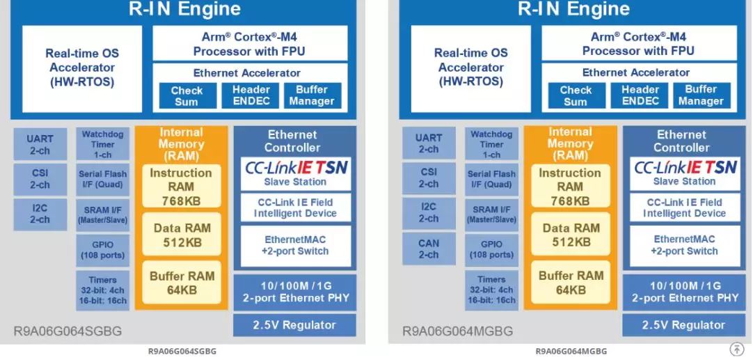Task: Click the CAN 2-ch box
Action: tap(429, 249)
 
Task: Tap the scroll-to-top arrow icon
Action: tap(736, 349)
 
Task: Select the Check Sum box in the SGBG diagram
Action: tap(187, 95)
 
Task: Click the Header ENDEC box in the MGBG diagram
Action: tap(640, 95)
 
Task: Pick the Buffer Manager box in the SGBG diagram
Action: tap(312, 95)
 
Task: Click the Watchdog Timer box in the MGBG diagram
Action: tap(491, 144)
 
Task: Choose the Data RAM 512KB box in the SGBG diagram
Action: tap(182, 235)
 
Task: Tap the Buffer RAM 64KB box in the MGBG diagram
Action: tap(571, 282)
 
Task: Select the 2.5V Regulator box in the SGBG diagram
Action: tap(294, 325)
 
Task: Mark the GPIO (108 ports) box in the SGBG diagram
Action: tap(102, 250)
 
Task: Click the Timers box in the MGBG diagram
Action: tap(491, 290)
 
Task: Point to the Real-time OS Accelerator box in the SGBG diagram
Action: tap(82, 68)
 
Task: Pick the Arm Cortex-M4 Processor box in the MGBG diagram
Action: tap(639, 43)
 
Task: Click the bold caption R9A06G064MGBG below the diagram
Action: tap(571, 352)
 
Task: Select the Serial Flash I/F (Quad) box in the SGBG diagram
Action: tap(102, 179)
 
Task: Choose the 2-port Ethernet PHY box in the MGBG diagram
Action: tap(685, 292)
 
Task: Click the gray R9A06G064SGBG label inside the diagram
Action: tap(68, 331)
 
